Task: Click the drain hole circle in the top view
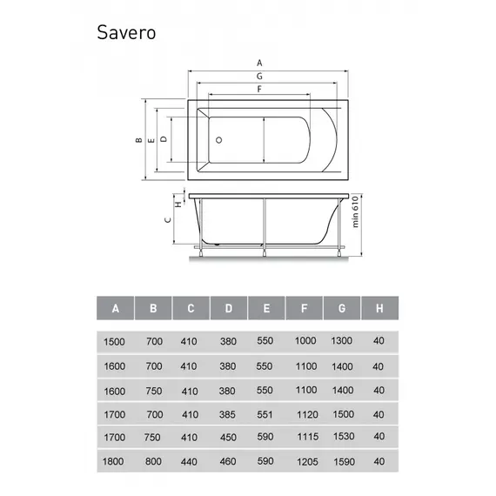(x=219, y=139)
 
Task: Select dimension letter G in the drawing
(x=258, y=77)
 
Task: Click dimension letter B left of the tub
(x=137, y=139)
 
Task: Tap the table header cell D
(x=228, y=309)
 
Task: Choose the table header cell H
(x=379, y=309)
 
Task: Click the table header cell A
(x=116, y=309)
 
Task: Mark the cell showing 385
(x=228, y=416)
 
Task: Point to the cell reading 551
(x=265, y=416)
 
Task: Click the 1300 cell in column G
(x=341, y=341)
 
